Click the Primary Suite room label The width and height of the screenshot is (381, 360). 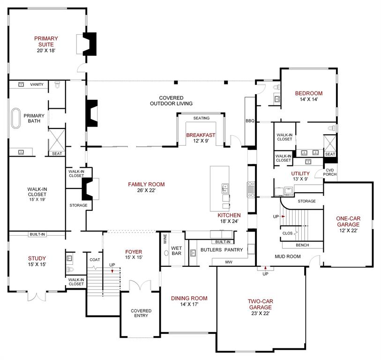click(45, 41)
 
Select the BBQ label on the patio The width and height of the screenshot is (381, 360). click(249, 121)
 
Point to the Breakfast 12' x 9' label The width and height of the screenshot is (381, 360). click(201, 138)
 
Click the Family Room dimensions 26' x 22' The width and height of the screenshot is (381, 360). click(146, 191)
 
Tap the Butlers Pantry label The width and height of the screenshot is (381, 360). click(222, 250)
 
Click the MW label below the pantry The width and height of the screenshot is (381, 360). click(229, 262)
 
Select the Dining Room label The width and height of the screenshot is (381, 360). click(189, 298)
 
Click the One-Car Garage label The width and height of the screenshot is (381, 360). click(348, 221)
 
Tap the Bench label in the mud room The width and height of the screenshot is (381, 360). click(302, 245)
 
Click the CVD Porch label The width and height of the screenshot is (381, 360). click(330, 172)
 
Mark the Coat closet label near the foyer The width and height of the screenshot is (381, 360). click(94, 259)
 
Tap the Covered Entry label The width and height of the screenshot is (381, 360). click(141, 313)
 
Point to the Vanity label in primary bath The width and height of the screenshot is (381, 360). click(37, 84)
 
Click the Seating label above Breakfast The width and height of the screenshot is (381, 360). click(201, 118)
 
